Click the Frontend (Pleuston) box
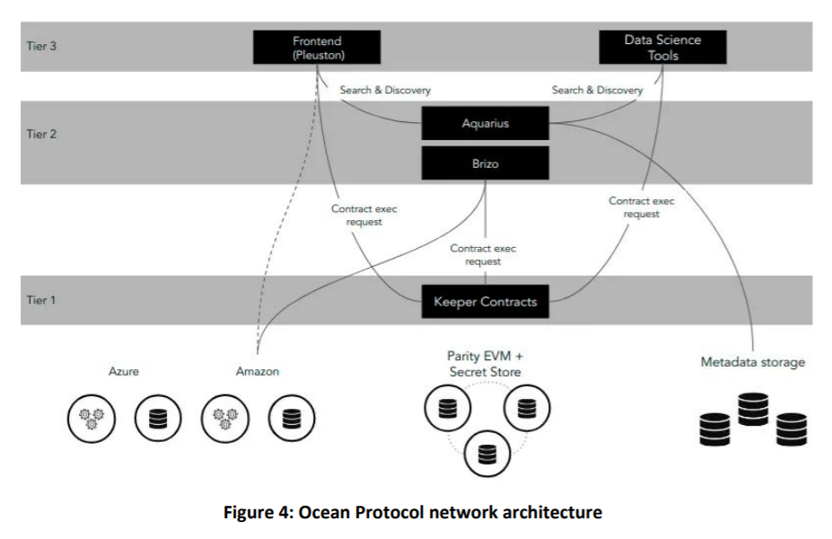click(x=317, y=47)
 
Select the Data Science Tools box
click(x=662, y=47)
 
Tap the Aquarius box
click(x=485, y=123)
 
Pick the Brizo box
click(x=485, y=164)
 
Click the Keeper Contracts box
click(x=485, y=302)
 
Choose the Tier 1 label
click(x=41, y=299)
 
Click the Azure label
click(x=124, y=371)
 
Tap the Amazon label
click(x=258, y=371)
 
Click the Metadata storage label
click(x=752, y=362)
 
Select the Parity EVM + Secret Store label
click(x=484, y=364)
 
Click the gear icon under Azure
click(x=92, y=419)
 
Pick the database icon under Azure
click(x=157, y=419)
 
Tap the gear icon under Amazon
click(x=225, y=419)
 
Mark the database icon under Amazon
click(x=291, y=419)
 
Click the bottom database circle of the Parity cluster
click(x=486, y=455)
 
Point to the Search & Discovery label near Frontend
click(x=385, y=90)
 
